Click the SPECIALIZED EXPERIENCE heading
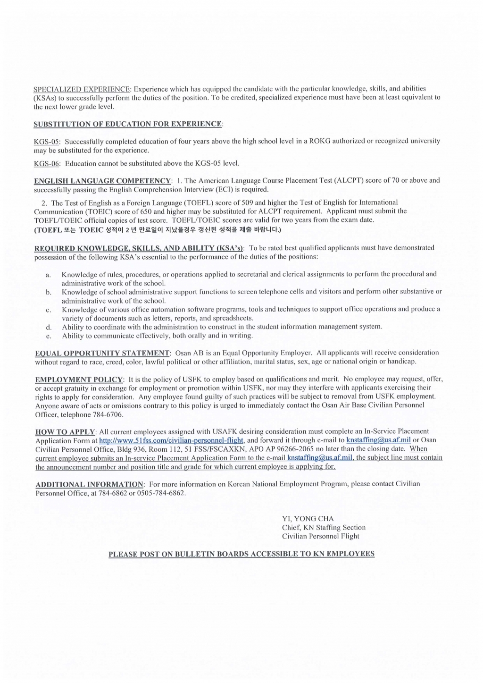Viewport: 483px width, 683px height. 82,89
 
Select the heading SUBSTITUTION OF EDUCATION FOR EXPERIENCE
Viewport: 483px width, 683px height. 128,124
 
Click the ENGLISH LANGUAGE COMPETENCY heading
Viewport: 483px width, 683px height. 102,181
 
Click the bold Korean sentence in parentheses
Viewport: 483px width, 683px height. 157,230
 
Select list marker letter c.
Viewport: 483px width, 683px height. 48,310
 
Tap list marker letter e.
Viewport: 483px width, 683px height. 48,336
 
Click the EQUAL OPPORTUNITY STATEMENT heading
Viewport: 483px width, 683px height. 102,353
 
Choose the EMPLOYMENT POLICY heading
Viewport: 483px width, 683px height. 79,379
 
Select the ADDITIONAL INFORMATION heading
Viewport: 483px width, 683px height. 90,484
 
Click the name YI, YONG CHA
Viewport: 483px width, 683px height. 308,519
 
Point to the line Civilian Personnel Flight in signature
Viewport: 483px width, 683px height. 320,536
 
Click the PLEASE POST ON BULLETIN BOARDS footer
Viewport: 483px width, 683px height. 241,554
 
